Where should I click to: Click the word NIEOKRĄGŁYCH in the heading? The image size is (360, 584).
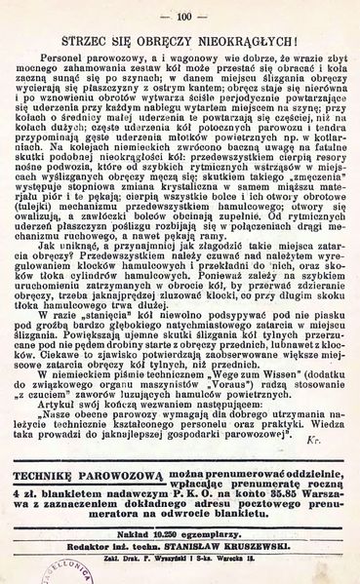point(254,44)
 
